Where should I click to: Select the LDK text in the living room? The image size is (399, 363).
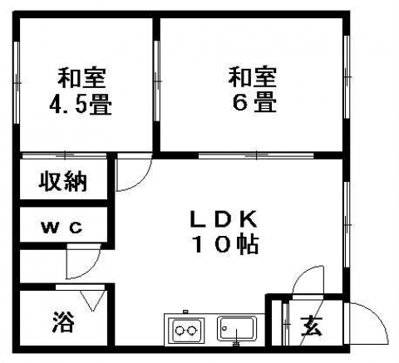click(224, 219)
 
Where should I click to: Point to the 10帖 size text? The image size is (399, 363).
click(225, 244)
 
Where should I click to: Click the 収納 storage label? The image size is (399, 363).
click(62, 181)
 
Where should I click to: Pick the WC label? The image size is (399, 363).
click(62, 228)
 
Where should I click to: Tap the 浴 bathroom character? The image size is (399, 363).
click(63, 322)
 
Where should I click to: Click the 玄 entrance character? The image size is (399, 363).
click(312, 326)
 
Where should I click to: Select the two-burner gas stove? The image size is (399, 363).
click(188, 330)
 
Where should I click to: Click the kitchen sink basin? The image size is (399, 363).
click(237, 329)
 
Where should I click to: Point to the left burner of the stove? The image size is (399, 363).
click(180, 331)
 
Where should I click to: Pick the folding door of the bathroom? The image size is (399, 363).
click(91, 301)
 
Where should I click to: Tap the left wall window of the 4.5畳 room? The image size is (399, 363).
click(17, 82)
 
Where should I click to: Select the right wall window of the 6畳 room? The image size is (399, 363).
click(347, 77)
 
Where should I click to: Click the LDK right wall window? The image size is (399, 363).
click(347, 224)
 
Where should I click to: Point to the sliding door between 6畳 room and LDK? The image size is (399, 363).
click(256, 155)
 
